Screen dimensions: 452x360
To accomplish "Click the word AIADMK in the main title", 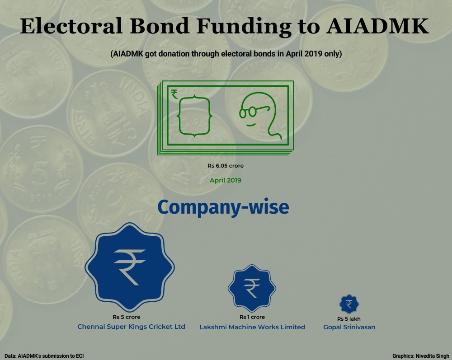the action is [377, 26].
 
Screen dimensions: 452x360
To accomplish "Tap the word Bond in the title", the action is [160, 26].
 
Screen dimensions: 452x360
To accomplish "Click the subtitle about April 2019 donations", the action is [226, 54].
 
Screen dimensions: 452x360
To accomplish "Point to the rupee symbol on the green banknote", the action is [174, 94].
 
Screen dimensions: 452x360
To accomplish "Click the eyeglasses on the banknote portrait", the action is [254, 111].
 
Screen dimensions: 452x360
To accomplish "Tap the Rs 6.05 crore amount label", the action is [226, 166].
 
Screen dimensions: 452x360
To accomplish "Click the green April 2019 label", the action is [226, 180].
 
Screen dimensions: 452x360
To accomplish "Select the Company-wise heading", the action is [223, 207].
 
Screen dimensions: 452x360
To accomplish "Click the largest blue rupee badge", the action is [130, 267].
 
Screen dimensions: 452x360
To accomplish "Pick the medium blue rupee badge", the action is [252, 288].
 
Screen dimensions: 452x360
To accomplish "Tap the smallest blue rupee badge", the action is [349, 304].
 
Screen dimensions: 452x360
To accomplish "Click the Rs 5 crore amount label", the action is [127, 317].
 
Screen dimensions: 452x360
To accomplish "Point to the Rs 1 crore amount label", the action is [252, 317].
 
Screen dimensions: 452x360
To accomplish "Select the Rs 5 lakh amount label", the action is [349, 319].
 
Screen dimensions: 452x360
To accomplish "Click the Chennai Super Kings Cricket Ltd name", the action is [131, 327].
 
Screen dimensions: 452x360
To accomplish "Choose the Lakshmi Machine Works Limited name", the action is [252, 327].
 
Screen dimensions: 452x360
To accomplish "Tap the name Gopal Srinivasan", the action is [349, 327].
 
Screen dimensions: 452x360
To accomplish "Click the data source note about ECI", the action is [44, 356].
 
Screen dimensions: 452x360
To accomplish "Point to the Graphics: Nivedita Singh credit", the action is [420, 356].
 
